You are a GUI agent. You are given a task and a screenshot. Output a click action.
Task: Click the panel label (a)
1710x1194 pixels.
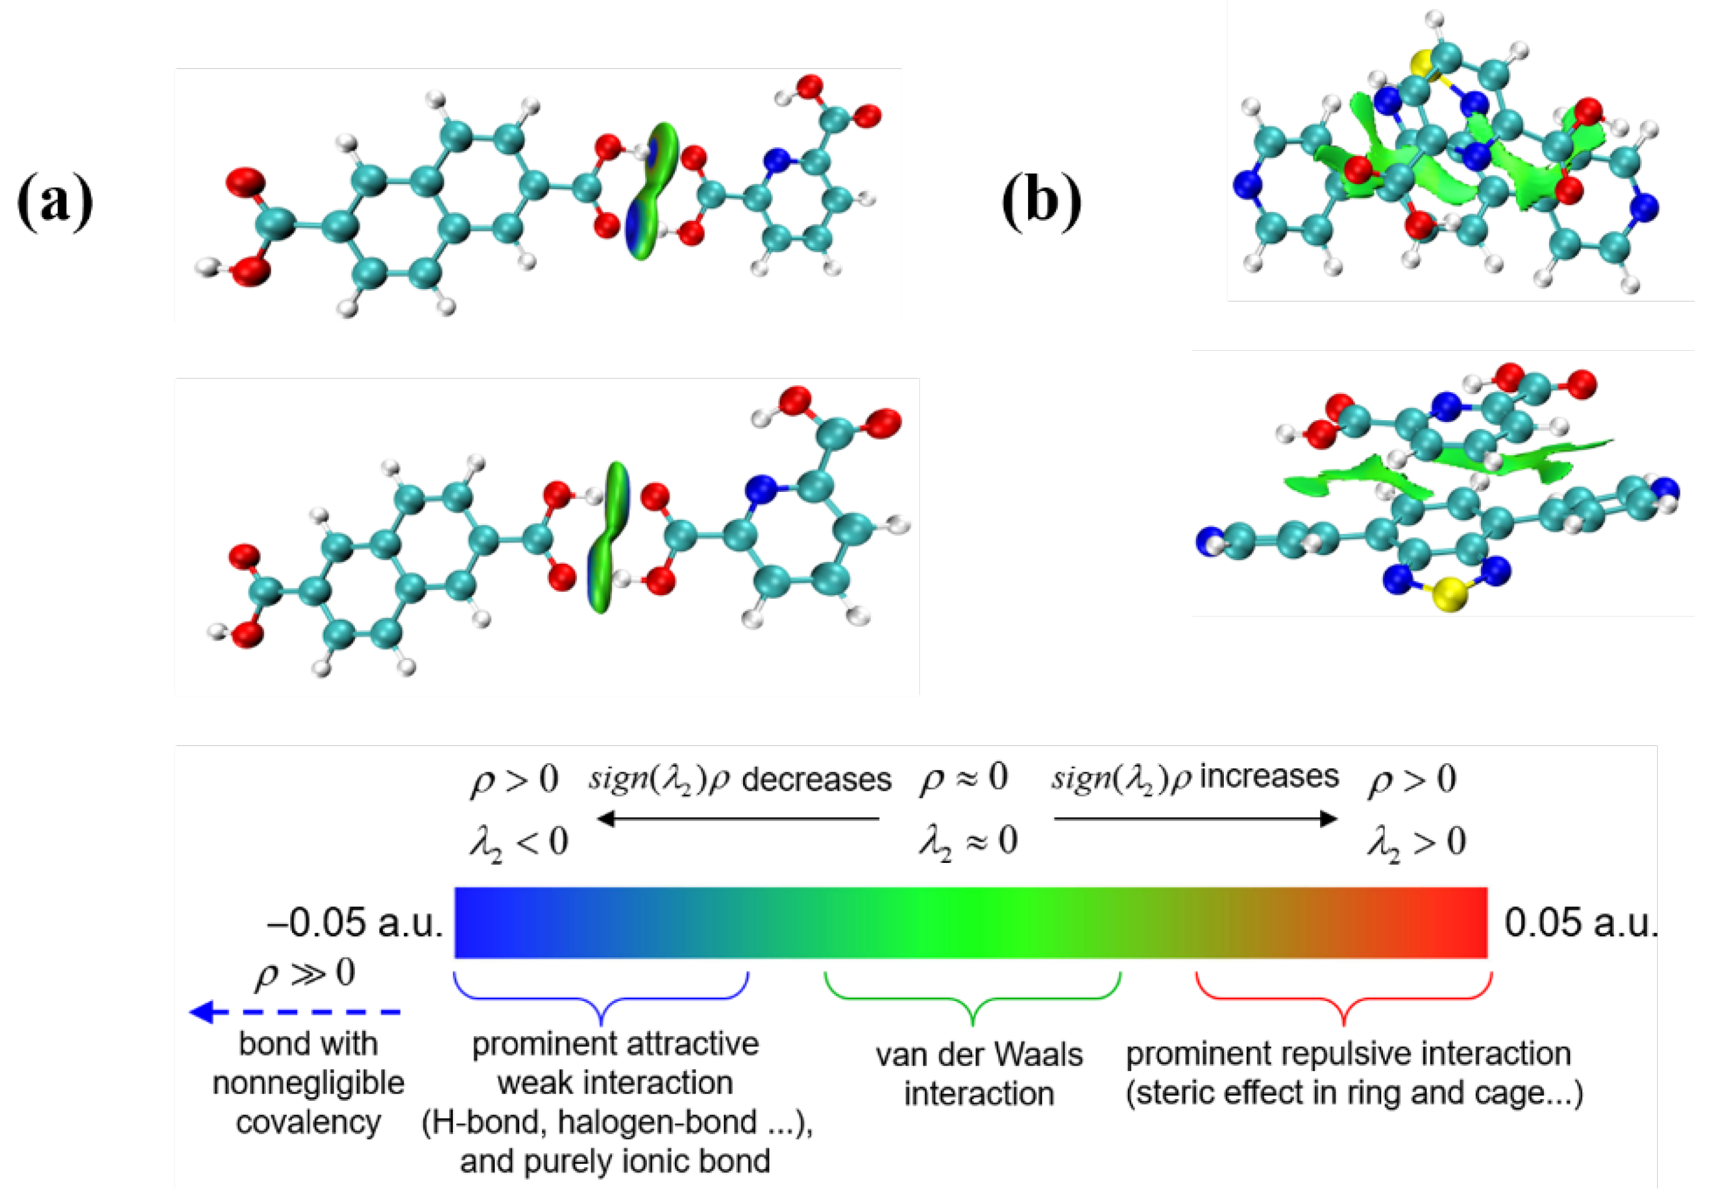click(55, 201)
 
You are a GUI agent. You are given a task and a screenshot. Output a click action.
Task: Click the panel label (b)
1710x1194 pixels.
click(1040, 201)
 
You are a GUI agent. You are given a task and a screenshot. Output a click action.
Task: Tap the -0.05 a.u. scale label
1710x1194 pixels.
click(356, 923)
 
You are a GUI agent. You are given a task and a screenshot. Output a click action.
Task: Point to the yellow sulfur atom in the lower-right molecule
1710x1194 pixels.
click(1449, 595)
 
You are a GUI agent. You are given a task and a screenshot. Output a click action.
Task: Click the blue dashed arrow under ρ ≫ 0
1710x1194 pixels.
click(296, 1012)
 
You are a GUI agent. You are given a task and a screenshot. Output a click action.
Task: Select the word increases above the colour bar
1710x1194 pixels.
click(1269, 777)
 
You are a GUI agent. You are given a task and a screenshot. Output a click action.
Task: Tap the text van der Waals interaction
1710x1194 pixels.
click(979, 1074)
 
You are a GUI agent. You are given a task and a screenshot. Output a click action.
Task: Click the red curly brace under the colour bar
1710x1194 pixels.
click(1343, 998)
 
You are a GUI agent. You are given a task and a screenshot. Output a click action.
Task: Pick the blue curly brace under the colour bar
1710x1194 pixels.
click(601, 998)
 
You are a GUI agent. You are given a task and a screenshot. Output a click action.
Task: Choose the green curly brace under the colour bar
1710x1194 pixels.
click(972, 998)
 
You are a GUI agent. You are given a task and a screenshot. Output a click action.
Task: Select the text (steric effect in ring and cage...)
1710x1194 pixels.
click(1353, 1093)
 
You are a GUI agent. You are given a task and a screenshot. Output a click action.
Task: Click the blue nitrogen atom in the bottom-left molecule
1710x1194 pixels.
click(760, 490)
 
